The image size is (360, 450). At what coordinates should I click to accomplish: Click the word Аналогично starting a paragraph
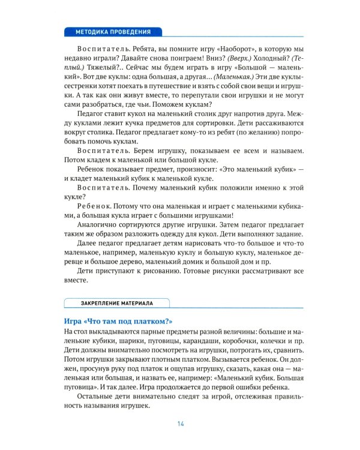coord(98,227)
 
